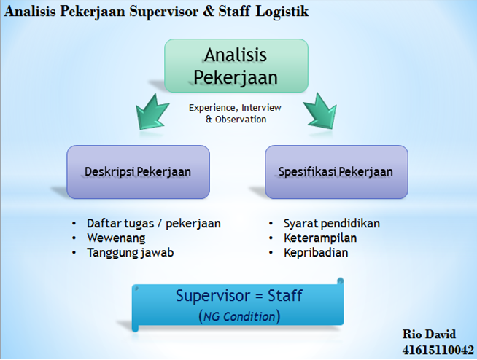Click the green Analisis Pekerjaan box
(236, 65)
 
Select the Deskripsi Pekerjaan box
(138, 172)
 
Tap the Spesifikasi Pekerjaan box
(336, 172)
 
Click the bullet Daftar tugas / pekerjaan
(153, 223)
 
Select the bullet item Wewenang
(116, 238)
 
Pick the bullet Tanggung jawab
(130, 252)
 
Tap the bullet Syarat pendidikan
(332, 223)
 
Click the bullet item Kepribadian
(317, 252)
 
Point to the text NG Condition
(239, 317)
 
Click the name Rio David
(429, 334)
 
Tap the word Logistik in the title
(282, 12)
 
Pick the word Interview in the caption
(260, 108)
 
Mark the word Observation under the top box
(241, 119)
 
